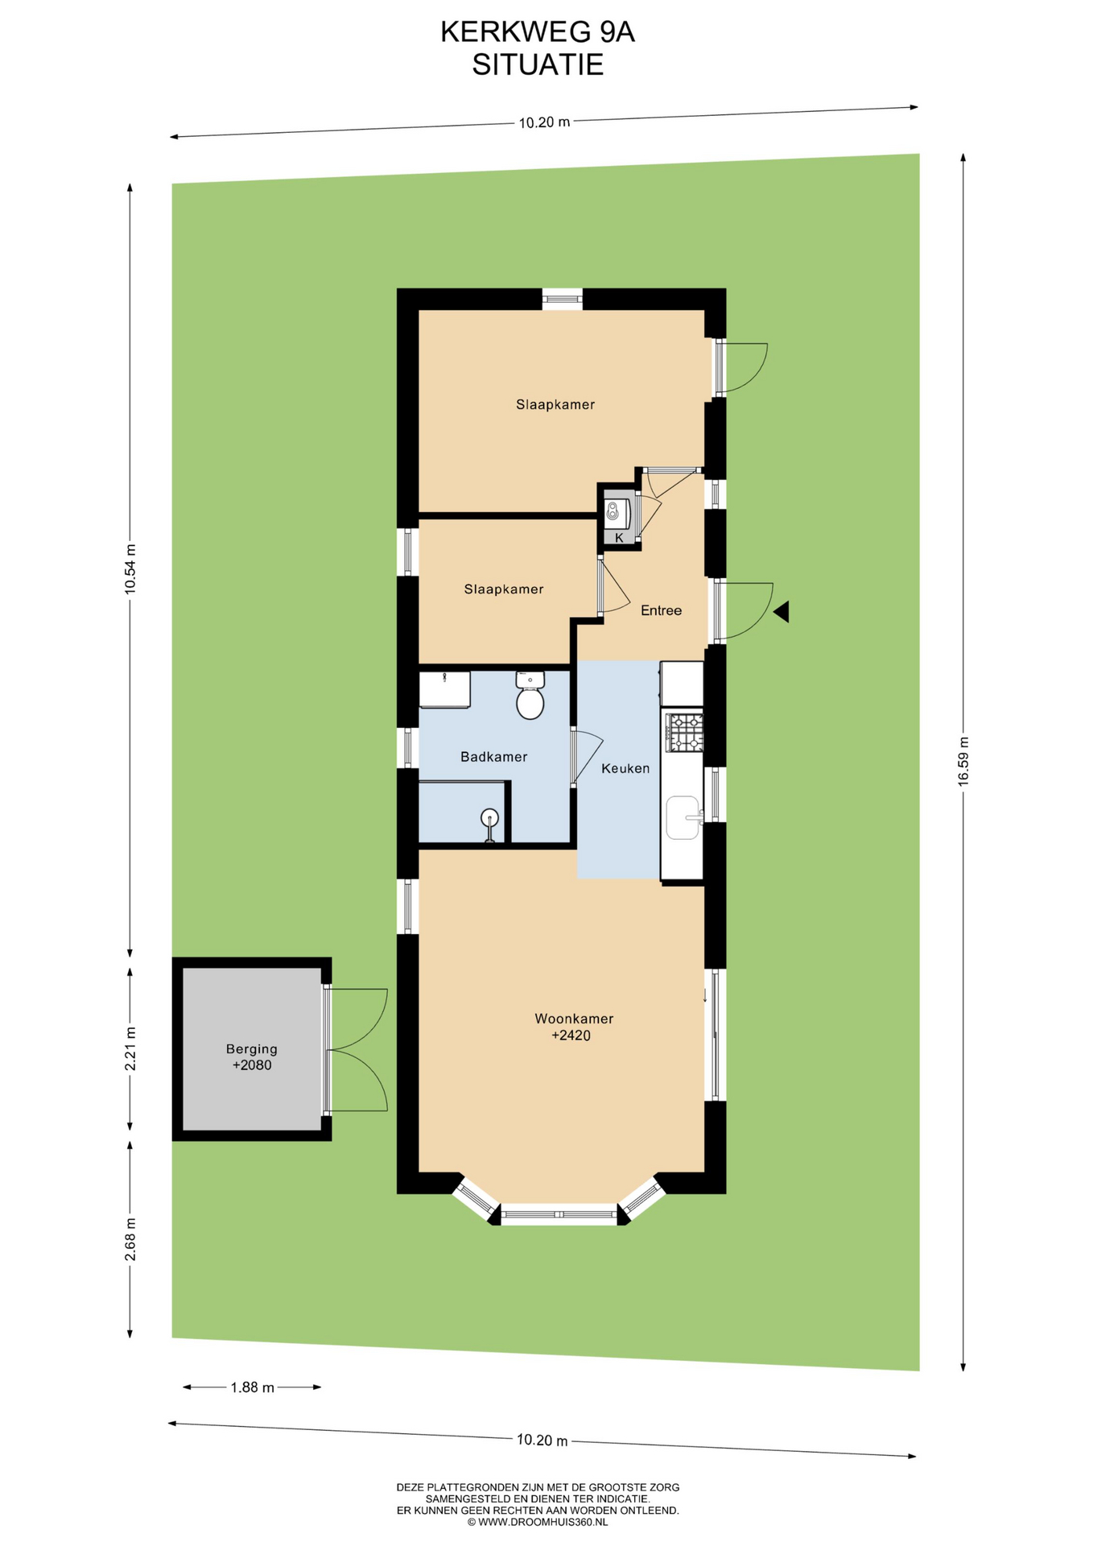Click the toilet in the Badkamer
coord(530,695)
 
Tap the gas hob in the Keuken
coord(683,733)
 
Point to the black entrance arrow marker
coord(781,612)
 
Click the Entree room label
coord(661,610)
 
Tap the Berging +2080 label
coord(252,1057)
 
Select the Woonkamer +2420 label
coord(574,1027)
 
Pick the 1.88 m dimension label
coord(252,1387)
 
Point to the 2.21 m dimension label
coord(130,1048)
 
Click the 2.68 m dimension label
coord(130,1240)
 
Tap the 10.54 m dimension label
coord(130,569)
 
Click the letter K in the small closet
coord(619,537)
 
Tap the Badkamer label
coord(493,757)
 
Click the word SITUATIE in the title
coord(538,64)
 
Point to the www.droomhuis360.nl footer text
coord(538,1522)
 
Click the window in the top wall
coord(562,299)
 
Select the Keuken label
coord(625,768)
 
